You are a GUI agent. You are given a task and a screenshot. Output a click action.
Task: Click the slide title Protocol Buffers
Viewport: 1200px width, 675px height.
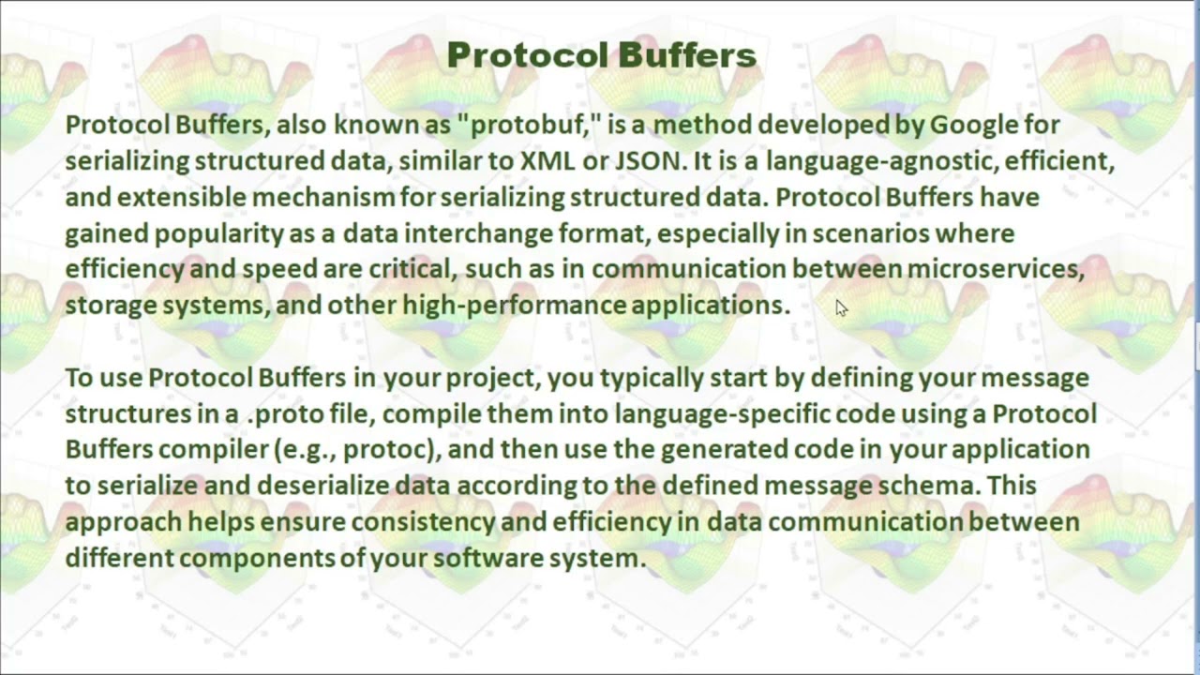coord(601,55)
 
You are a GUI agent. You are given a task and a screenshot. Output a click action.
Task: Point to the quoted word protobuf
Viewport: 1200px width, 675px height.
coord(528,125)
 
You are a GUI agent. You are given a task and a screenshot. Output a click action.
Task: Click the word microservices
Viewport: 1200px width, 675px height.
coord(996,269)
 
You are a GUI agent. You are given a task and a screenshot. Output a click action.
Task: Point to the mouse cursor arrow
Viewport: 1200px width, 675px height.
coord(840,307)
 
